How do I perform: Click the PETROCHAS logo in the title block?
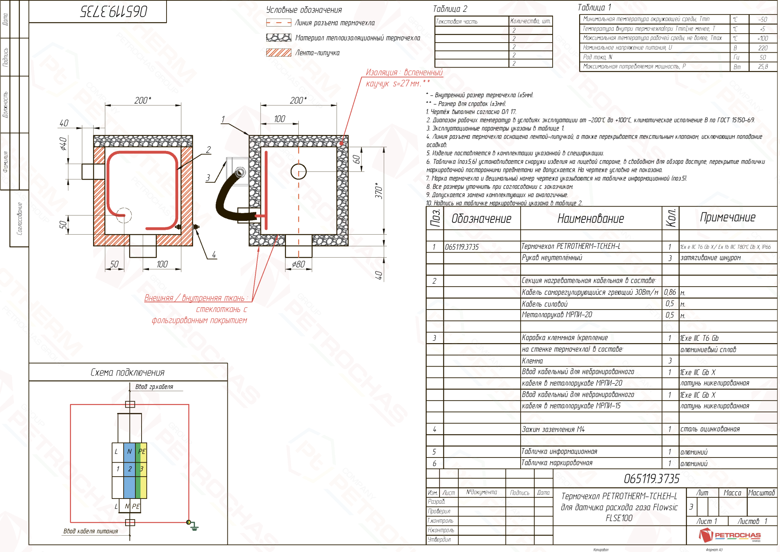(730, 535)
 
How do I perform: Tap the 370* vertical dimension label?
(378, 191)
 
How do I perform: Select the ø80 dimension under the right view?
(299, 264)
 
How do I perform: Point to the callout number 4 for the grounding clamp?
(214, 255)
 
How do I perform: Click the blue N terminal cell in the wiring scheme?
(129, 451)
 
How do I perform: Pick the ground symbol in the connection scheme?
(194, 527)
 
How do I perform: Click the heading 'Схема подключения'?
(128, 372)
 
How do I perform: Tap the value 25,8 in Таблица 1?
(763, 67)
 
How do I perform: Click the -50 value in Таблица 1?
(763, 19)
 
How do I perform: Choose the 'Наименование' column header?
(590, 219)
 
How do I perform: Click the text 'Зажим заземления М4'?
(553, 429)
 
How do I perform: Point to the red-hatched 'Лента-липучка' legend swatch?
(278, 53)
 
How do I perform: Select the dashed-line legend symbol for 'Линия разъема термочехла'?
(278, 23)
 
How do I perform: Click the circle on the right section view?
(299, 171)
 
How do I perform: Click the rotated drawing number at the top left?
(114, 11)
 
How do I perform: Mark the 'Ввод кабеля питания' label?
(90, 531)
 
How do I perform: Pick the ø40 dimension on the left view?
(64, 144)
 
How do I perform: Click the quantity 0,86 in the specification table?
(670, 292)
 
